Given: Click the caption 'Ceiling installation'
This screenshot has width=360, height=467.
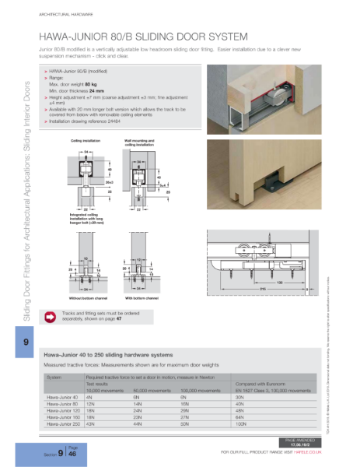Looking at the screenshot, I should pyautogui.click(x=86, y=141).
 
